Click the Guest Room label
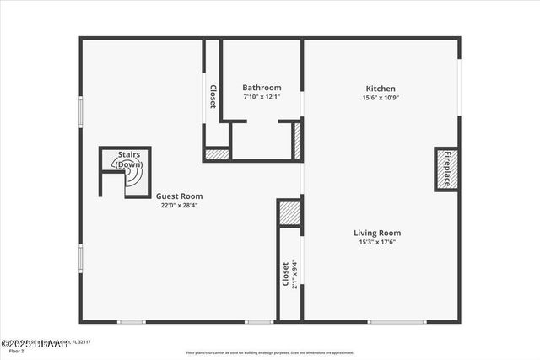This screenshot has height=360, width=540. click(x=182, y=196)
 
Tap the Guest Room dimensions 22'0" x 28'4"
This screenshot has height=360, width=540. click(x=182, y=205)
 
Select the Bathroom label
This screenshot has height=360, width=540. click(x=262, y=88)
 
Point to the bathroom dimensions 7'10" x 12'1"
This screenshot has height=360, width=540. click(x=262, y=97)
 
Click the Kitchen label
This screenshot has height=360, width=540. click(x=381, y=89)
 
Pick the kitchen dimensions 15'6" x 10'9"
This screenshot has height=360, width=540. click(x=381, y=98)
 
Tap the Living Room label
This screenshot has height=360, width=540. click(x=377, y=233)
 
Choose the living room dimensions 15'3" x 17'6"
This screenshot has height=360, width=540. click(x=377, y=242)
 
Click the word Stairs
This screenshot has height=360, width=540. click(x=129, y=155)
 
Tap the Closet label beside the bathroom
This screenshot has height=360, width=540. click(x=213, y=96)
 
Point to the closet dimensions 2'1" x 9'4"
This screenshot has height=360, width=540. click(x=294, y=274)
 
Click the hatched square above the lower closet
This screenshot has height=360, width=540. click(x=289, y=212)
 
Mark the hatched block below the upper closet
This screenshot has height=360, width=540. click(x=218, y=155)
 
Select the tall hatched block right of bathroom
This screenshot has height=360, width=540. click(x=297, y=140)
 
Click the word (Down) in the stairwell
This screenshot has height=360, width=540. click(x=128, y=164)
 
